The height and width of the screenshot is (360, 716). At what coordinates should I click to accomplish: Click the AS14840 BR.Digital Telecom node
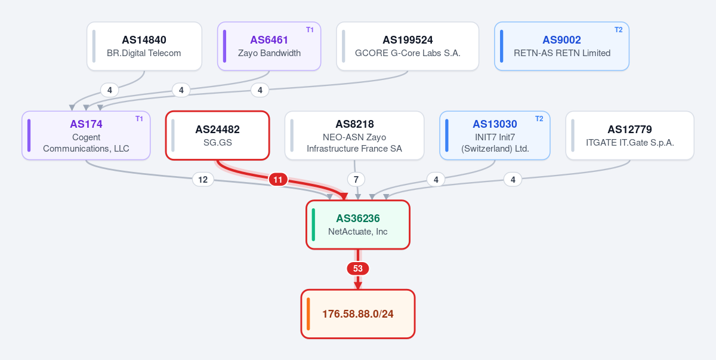pyautogui.click(x=144, y=46)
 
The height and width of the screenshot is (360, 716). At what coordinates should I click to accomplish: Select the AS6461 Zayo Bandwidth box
pyautogui.click(x=269, y=46)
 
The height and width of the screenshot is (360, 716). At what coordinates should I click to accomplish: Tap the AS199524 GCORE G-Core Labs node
pyautogui.click(x=408, y=46)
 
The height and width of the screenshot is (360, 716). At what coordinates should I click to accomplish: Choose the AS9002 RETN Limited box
pyautogui.click(x=561, y=46)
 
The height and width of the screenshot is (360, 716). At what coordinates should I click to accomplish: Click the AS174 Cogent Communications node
pyautogui.click(x=86, y=136)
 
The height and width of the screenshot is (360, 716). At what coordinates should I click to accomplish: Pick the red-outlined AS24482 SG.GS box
pyautogui.click(x=217, y=136)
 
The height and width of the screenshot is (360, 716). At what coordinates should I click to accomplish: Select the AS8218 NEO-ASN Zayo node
pyautogui.click(x=354, y=136)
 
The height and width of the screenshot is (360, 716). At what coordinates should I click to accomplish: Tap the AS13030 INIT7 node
pyautogui.click(x=495, y=136)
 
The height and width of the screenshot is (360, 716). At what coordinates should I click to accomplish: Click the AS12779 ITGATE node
pyautogui.click(x=629, y=136)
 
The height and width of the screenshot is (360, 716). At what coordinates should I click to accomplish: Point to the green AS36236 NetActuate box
pyautogui.click(x=357, y=224)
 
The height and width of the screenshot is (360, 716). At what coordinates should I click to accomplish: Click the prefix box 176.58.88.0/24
pyautogui.click(x=357, y=313)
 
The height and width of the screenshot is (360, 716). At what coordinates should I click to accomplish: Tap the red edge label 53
pyautogui.click(x=357, y=269)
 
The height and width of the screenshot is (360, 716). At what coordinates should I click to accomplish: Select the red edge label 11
pyautogui.click(x=278, y=180)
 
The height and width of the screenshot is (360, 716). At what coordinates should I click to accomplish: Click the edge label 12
pyautogui.click(x=203, y=180)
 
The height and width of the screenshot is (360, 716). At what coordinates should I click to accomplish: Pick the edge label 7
pyautogui.click(x=356, y=180)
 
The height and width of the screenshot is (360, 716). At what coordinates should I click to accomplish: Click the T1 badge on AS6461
pyautogui.click(x=310, y=30)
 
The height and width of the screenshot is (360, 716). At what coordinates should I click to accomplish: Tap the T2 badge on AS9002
pyautogui.click(x=619, y=30)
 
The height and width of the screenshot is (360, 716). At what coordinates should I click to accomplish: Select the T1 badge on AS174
pyautogui.click(x=139, y=119)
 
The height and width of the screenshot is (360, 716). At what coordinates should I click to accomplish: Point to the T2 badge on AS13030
pyautogui.click(x=539, y=119)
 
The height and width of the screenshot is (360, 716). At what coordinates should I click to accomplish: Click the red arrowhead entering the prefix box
pyautogui.click(x=358, y=286)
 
